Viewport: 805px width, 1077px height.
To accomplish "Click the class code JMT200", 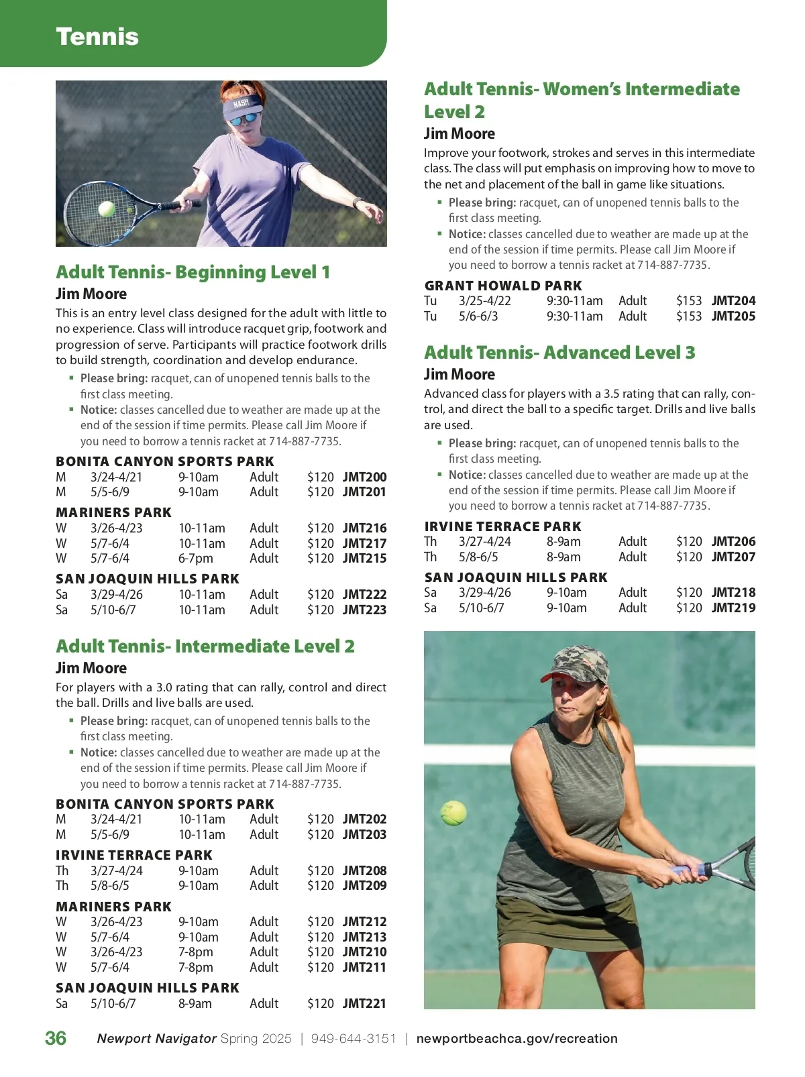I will coord(364,477).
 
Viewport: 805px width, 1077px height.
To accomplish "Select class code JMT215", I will coord(364,558).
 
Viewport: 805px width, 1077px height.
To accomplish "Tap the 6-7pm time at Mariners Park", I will coord(195,558).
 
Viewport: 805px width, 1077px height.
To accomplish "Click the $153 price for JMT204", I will coord(688,300).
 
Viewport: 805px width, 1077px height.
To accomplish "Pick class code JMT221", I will coord(364,1003).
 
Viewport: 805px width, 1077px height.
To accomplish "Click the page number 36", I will coord(56,1038).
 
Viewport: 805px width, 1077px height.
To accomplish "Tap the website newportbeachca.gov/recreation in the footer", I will coord(517,1038).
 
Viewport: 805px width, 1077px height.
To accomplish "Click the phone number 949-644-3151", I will coord(354,1038).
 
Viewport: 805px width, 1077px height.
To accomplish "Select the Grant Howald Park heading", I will coord(503,286).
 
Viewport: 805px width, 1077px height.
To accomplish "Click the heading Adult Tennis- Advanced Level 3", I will coord(559,353).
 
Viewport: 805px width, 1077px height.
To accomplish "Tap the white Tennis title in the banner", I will coord(97,37).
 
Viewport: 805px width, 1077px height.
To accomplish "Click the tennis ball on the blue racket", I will coord(107,209).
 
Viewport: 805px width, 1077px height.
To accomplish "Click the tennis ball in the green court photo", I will coord(453,813).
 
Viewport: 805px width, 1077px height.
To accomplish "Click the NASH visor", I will coord(241,106).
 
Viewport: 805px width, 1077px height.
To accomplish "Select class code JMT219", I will coord(733,608).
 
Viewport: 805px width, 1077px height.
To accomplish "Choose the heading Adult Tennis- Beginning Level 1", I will coord(193,272).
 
